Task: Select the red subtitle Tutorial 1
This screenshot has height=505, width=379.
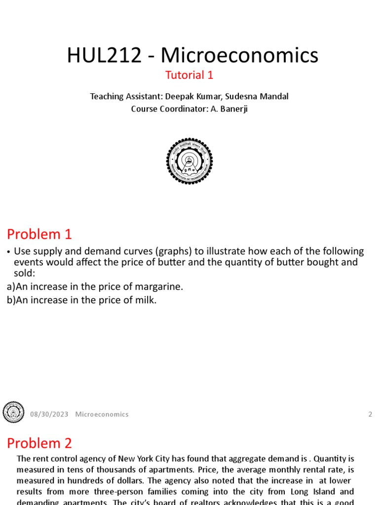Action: coord(189,75)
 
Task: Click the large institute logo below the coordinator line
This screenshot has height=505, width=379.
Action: coord(189,161)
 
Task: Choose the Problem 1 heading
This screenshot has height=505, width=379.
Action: coord(39,234)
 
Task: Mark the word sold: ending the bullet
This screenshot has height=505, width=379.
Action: coord(25,273)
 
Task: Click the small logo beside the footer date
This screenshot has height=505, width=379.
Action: coord(13,412)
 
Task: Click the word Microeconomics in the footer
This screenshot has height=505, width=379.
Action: coord(102,414)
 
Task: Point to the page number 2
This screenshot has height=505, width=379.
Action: coord(370,414)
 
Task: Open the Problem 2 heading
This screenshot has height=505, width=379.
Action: coord(39,443)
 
